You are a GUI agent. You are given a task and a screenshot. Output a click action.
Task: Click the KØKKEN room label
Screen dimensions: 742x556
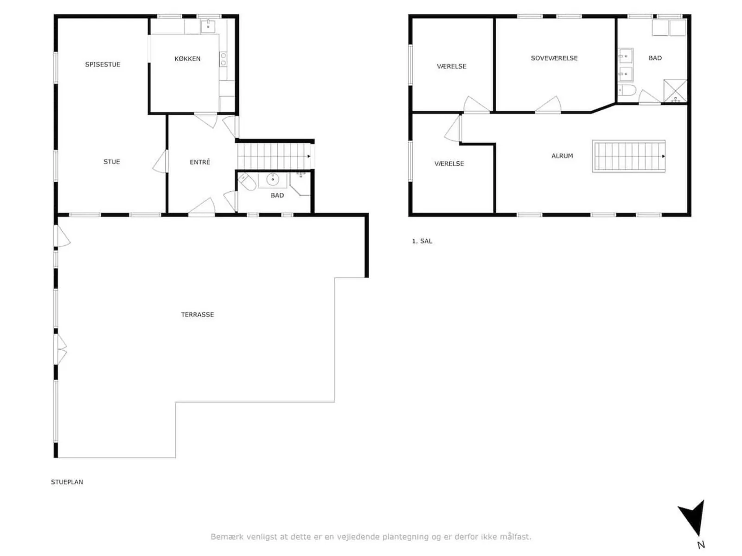point(187,59)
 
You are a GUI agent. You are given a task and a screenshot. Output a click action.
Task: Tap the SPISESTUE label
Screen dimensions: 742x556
point(102,64)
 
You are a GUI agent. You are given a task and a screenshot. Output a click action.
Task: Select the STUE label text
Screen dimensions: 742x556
point(112,162)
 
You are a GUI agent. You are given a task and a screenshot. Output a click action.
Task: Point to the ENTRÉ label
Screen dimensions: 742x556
point(200,162)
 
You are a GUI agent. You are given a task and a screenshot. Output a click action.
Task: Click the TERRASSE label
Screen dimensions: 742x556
point(198,315)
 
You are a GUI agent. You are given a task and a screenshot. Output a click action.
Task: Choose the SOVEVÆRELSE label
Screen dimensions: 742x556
point(554,58)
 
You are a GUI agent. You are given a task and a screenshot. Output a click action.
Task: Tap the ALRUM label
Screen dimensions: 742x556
point(562,156)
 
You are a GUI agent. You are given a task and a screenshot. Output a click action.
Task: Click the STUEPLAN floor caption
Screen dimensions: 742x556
point(67,482)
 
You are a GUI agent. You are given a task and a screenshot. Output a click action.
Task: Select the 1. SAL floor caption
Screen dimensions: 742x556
point(422,241)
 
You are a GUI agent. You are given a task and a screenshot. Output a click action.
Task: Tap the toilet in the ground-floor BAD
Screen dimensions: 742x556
point(247,182)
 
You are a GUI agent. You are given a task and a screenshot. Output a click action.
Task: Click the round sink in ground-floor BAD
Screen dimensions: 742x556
point(273,180)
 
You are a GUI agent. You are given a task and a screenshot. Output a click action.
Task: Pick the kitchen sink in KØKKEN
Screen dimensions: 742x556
point(208,26)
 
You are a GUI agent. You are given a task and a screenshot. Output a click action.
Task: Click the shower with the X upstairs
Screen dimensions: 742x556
point(675,91)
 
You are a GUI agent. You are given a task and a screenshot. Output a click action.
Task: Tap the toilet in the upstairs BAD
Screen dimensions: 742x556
point(627,90)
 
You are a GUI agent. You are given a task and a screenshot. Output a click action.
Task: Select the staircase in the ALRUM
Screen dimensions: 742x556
point(628,156)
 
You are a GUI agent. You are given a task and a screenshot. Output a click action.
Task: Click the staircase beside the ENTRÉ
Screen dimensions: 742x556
point(275,156)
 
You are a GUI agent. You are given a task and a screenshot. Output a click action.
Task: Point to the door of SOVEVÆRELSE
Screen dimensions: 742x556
point(548,105)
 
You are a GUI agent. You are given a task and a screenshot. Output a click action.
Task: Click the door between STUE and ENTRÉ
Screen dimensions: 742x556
point(160,161)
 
